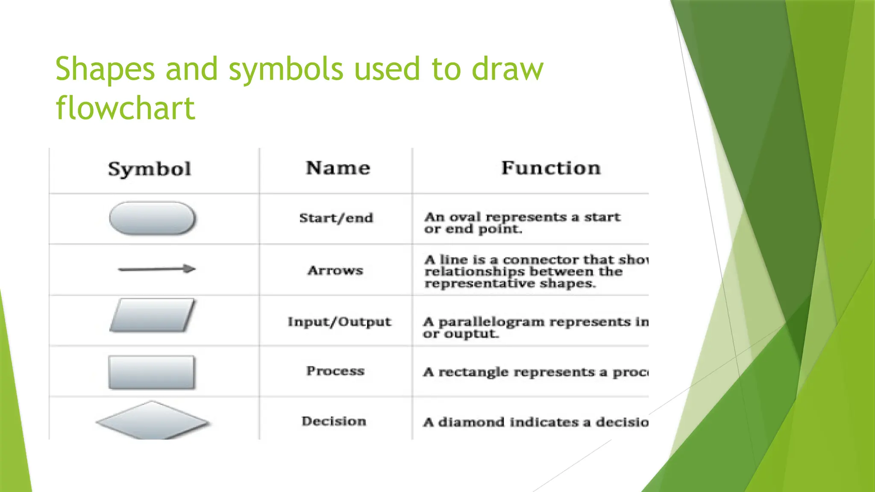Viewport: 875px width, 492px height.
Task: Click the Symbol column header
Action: (x=150, y=169)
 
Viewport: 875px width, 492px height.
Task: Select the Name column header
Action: (x=338, y=168)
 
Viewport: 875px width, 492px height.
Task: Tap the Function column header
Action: (x=551, y=168)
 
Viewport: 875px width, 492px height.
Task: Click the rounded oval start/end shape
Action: (x=153, y=218)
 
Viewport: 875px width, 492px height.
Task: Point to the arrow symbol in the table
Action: (x=156, y=269)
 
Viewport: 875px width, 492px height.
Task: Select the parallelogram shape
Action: (x=153, y=316)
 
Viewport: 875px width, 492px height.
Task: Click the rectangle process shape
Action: (x=152, y=372)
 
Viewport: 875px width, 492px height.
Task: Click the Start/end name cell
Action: (x=336, y=218)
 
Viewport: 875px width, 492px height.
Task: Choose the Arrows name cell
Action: (x=335, y=270)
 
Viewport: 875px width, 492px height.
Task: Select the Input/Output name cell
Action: (x=339, y=322)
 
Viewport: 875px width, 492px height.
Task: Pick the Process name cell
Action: (x=335, y=371)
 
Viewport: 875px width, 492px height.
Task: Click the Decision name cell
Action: (x=334, y=421)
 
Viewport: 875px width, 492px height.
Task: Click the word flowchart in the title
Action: (x=126, y=108)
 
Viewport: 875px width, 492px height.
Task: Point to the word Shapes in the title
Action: (x=105, y=69)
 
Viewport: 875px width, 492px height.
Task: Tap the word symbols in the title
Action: (x=285, y=69)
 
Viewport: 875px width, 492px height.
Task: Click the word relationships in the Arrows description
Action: (x=475, y=272)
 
